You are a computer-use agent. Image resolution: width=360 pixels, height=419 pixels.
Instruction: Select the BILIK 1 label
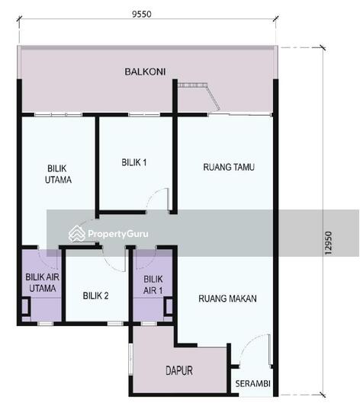pyautogui.click(x=134, y=162)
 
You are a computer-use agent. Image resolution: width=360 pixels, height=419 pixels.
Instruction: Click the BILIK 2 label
pyautogui.click(x=95, y=296)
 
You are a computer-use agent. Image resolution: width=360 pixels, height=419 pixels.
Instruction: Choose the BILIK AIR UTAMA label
pyautogui.click(x=40, y=284)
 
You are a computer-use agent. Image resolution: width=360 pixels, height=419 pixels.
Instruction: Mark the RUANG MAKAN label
pyautogui.click(x=227, y=299)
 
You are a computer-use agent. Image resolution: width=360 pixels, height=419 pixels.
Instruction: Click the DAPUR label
pyautogui.click(x=179, y=371)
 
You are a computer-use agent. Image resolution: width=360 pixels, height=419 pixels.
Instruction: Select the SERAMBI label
pyautogui.click(x=252, y=383)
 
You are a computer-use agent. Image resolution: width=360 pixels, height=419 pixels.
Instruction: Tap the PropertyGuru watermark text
pyautogui.click(x=118, y=235)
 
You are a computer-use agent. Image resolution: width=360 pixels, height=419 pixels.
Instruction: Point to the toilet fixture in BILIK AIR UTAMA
pyautogui.click(x=25, y=308)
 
